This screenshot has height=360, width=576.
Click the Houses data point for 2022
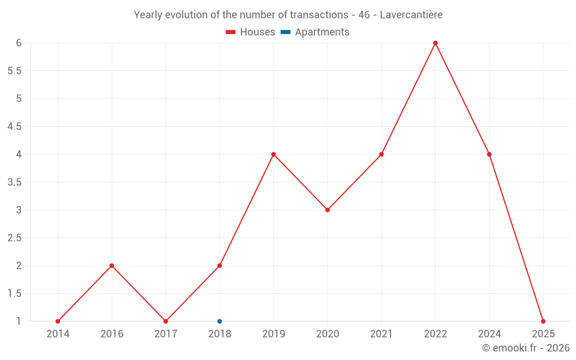435,43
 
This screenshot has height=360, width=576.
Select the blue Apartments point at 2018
219,321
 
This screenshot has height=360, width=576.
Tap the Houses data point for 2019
274,154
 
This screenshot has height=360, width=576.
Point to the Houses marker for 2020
327,210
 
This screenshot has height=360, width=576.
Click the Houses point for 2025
543,321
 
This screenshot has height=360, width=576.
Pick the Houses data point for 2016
112,266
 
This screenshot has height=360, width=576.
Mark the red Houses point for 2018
219,266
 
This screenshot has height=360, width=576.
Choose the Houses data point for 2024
489,154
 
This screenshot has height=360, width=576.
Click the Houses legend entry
251,32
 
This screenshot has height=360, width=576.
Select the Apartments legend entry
315,32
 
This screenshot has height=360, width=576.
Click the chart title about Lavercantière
288,15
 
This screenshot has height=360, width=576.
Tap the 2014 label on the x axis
58,334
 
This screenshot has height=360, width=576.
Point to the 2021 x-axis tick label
381,334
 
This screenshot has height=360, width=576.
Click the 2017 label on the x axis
165,334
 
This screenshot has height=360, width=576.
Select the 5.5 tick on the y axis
14,71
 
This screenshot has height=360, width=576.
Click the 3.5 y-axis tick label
14,182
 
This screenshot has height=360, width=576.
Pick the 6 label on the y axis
18,43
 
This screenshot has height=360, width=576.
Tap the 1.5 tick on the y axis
14,294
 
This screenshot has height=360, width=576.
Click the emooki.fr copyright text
525,348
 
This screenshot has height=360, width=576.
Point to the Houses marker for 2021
381,154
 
